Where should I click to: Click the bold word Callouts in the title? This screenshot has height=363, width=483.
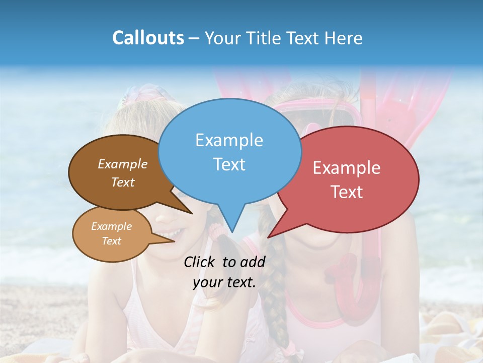(148, 38)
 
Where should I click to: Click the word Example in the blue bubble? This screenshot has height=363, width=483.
(229, 140)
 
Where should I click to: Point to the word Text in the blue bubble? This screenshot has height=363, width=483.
(229, 164)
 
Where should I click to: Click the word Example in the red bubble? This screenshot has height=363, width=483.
(347, 168)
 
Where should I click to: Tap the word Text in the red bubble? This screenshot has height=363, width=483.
(347, 192)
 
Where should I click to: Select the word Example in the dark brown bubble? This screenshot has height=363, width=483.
(123, 164)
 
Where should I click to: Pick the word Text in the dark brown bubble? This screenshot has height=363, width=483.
(123, 182)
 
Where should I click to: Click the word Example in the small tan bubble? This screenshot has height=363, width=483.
(111, 226)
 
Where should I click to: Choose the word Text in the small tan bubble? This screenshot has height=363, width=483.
(111, 241)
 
